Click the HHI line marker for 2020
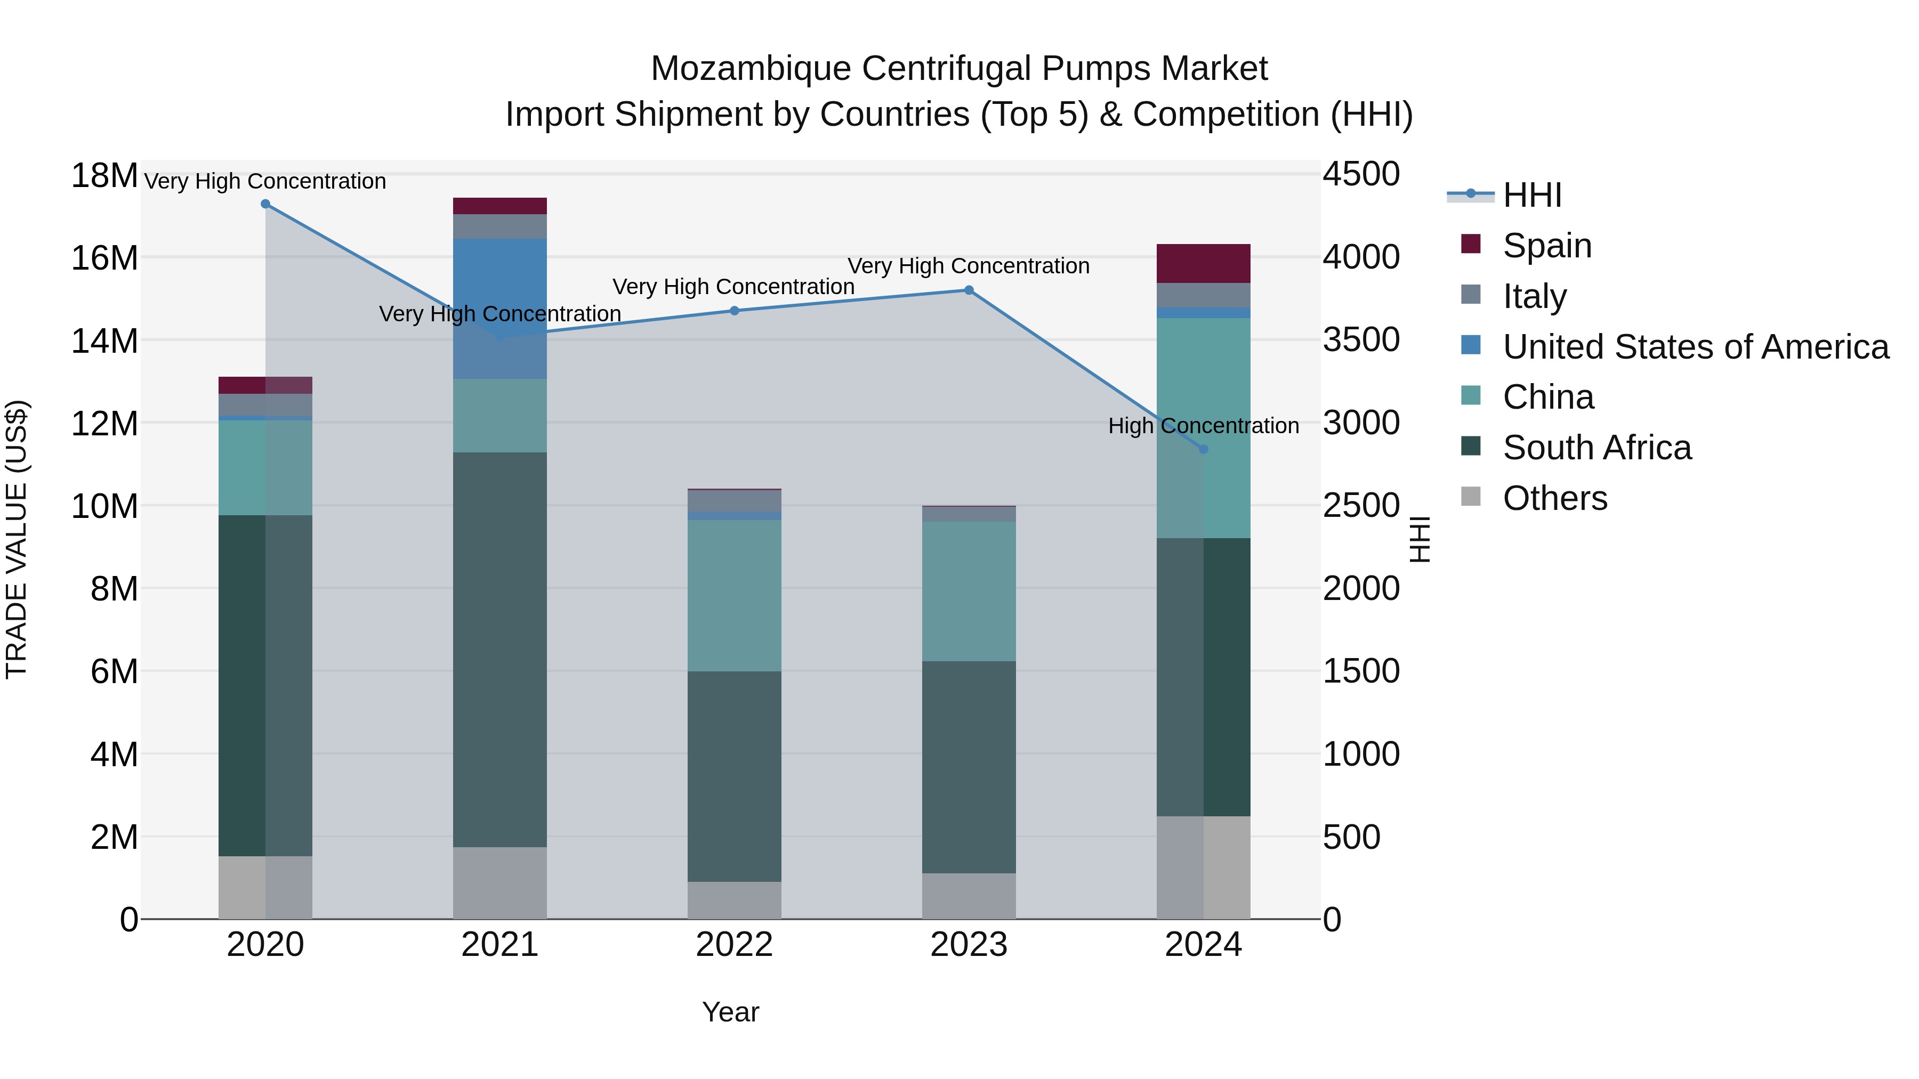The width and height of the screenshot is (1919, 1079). coord(265,204)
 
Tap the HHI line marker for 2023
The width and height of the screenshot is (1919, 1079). coord(969,290)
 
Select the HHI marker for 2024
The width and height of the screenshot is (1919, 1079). coord(1203,449)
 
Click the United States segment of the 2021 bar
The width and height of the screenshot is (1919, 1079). coord(500,309)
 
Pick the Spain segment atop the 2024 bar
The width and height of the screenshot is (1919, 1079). coord(1203,264)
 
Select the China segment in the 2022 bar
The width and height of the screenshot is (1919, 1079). coord(734,596)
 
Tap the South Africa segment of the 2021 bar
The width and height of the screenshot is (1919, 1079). coord(500,650)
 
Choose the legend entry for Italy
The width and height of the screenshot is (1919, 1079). coord(1535,296)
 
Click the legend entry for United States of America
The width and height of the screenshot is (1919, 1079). coord(1695,347)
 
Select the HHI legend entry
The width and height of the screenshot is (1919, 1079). coord(1531,195)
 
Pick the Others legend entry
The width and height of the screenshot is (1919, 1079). coord(1555,498)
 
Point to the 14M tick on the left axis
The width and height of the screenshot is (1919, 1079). coord(104,341)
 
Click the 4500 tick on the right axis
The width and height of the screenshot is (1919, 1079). coord(1361,174)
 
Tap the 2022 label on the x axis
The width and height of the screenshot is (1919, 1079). coord(734,945)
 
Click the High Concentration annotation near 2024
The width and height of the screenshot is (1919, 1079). coord(1203,426)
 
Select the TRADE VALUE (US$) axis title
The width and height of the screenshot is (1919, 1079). coord(17,539)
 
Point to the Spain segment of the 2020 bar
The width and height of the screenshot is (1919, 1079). coord(265,385)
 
